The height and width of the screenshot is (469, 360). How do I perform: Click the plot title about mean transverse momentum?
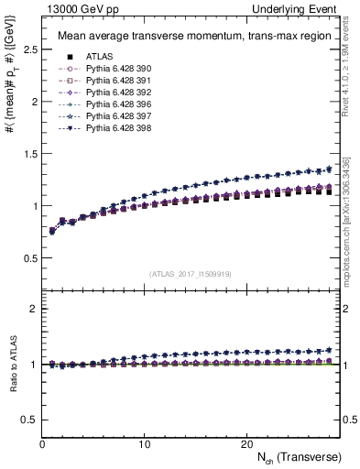(x=183, y=37)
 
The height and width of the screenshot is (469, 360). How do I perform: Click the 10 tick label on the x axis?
(x=144, y=443)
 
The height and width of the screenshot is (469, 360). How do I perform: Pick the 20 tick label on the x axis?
(x=245, y=443)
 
